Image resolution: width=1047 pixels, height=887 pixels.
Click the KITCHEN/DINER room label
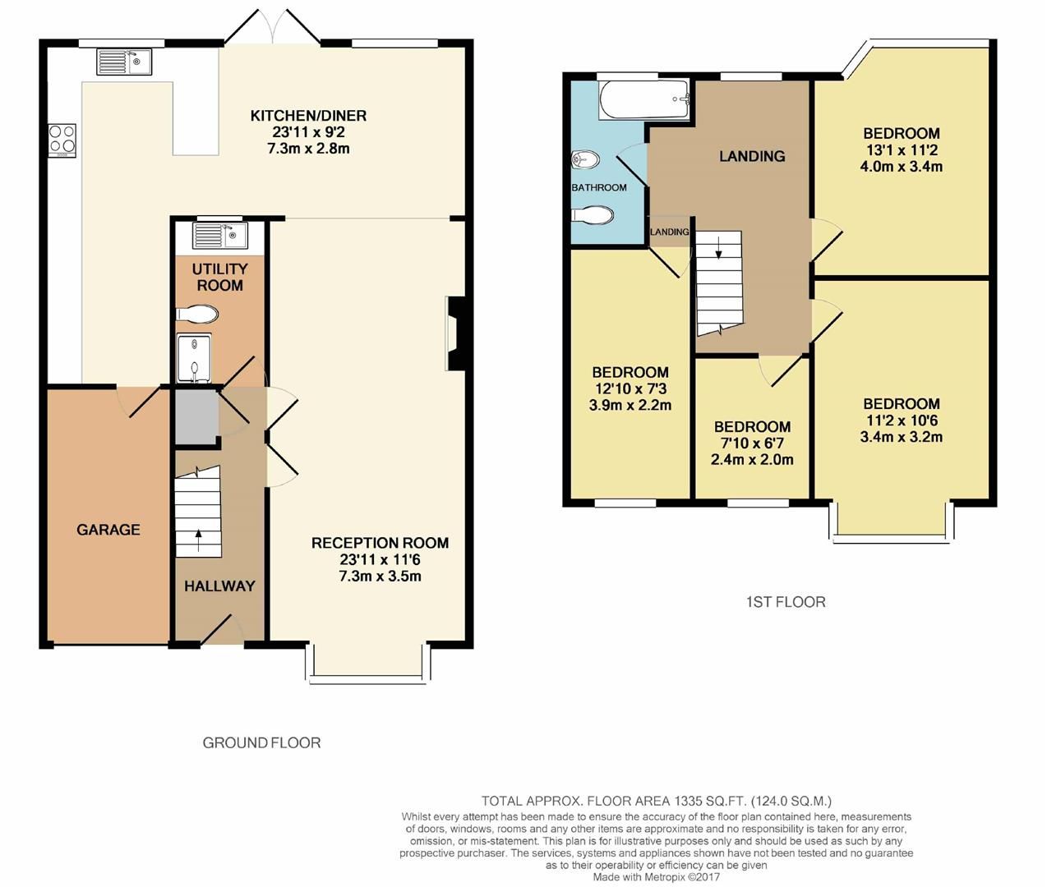coord(308,116)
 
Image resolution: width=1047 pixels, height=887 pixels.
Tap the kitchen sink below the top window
coord(124,62)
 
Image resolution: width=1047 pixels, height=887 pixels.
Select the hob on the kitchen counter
coord(62,140)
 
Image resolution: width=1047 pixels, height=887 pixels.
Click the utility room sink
coord(219,236)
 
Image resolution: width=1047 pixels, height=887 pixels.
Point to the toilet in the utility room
coord(197,314)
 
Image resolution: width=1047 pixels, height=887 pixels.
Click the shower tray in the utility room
coord(194,358)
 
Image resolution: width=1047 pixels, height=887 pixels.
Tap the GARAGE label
coord(108,530)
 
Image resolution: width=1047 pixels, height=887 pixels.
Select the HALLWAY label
coord(219,586)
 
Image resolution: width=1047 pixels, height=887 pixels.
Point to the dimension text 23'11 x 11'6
coord(380,559)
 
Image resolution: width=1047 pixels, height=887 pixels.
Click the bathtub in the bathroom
coord(643,99)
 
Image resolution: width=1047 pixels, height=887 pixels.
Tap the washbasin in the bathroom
coord(587,159)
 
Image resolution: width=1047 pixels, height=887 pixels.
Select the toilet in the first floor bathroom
coord(593,215)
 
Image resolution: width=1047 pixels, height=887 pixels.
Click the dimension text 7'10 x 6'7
coord(752,443)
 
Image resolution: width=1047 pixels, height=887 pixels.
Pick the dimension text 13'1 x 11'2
coord(901,150)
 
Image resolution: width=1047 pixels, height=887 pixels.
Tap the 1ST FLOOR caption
coord(785,602)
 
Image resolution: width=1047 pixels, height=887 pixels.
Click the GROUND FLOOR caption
coord(261,742)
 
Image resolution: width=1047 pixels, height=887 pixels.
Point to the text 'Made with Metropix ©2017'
coord(657,876)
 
